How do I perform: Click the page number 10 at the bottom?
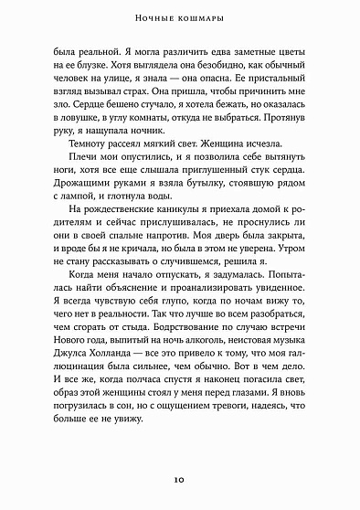pyautogui.click(x=179, y=479)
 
